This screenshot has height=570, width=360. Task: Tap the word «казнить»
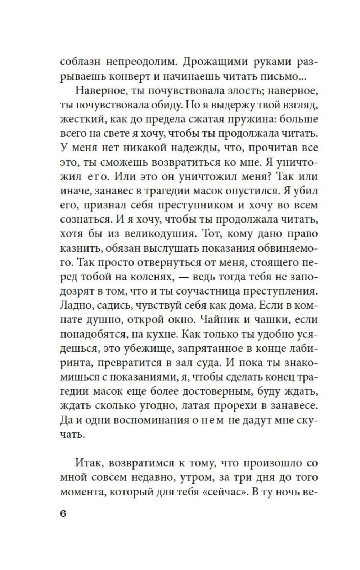click(80, 248)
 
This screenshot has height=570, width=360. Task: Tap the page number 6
click(64, 514)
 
